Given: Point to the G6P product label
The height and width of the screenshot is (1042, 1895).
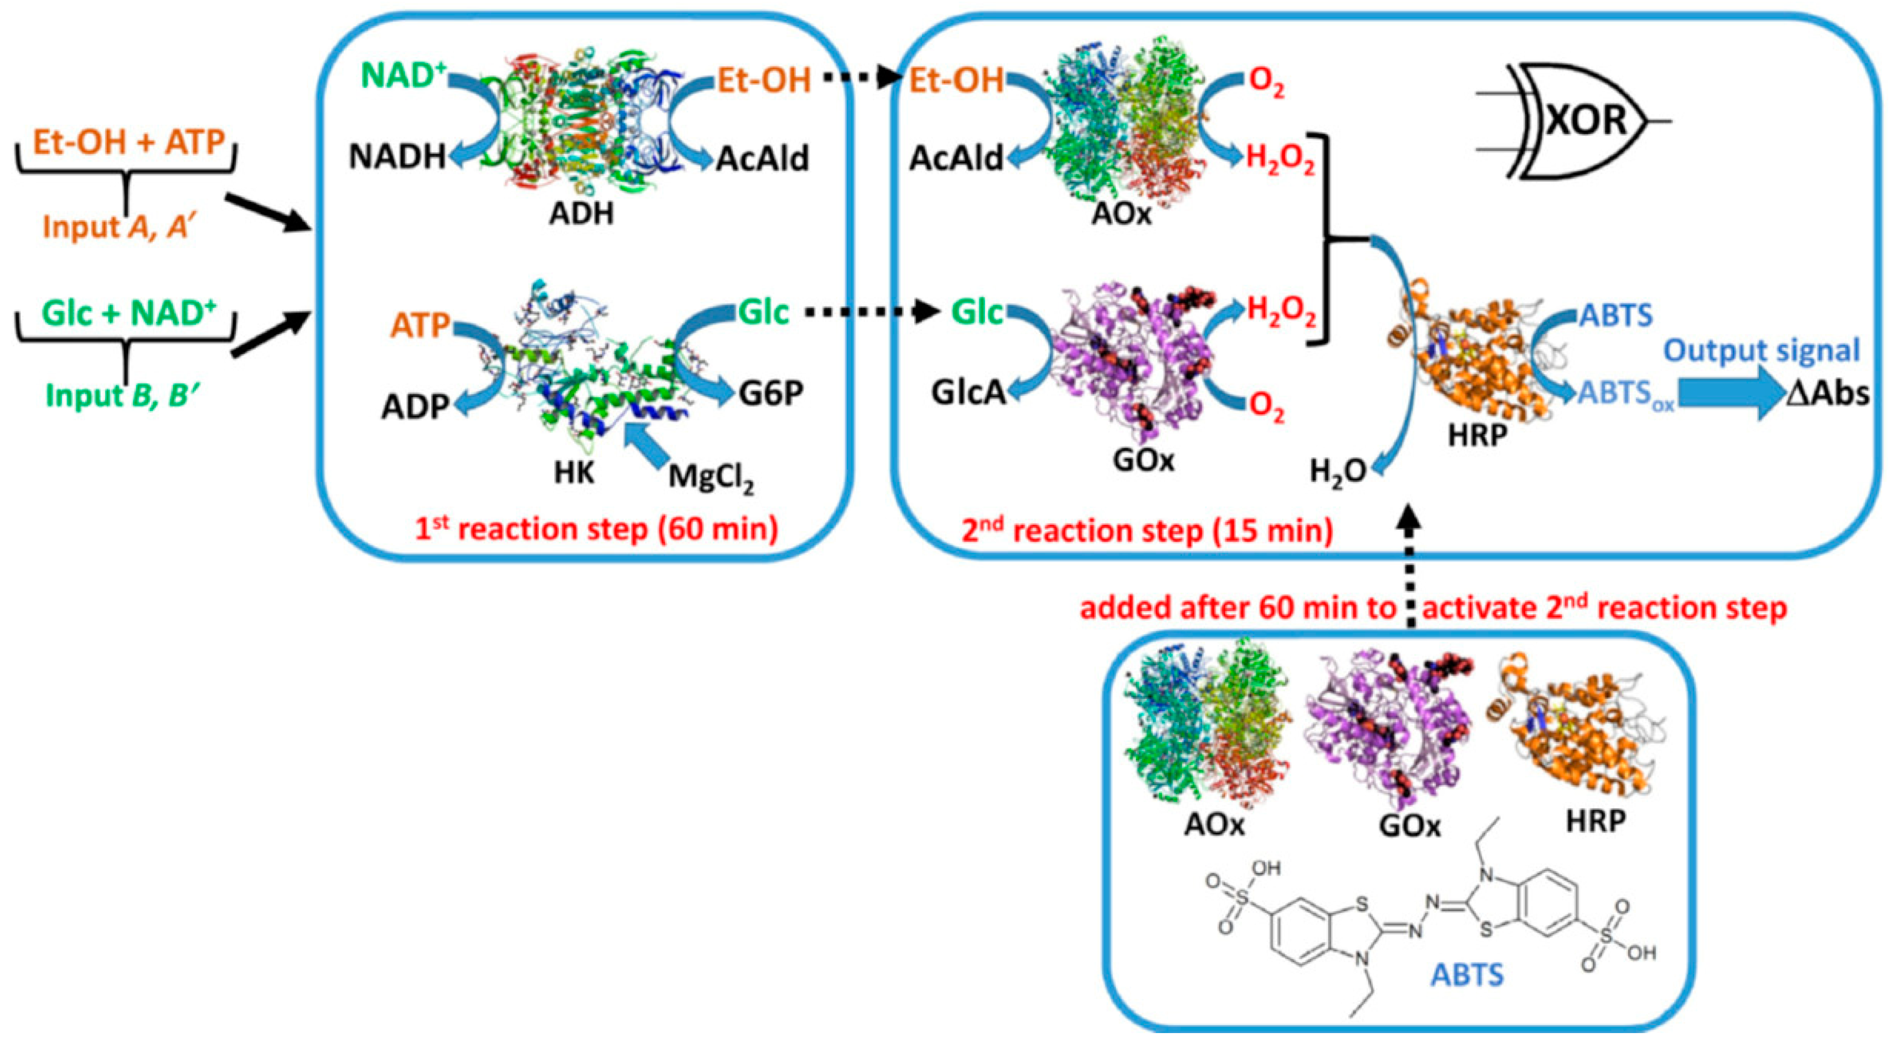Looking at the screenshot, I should coord(771,394).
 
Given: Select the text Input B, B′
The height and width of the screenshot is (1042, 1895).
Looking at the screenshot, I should coord(119,395).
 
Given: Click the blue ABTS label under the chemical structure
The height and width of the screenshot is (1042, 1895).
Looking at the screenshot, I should coord(1467,975).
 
